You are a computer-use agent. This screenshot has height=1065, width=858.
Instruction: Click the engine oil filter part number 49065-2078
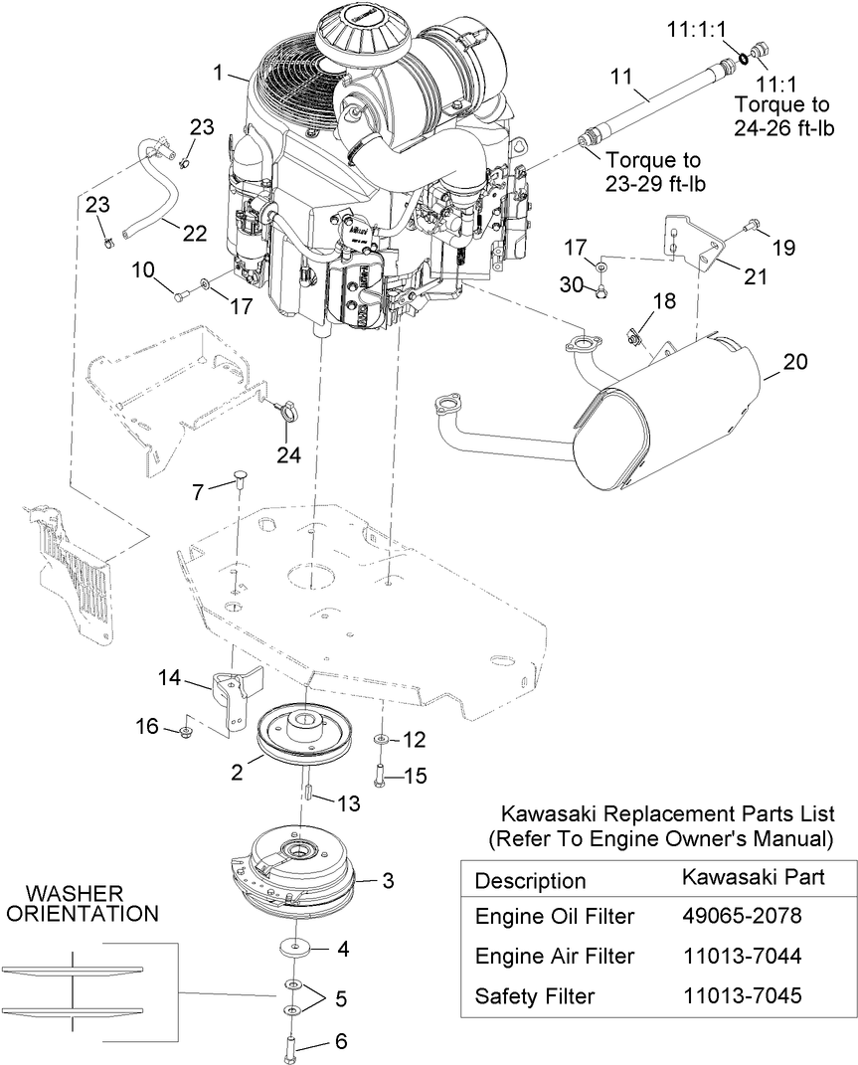pyautogui.click(x=742, y=916)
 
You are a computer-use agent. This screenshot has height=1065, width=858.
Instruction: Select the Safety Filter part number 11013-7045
pyautogui.click(x=742, y=995)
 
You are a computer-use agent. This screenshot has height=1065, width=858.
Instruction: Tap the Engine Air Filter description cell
pyautogui.click(x=555, y=956)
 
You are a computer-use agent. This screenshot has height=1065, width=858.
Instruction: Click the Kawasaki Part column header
pyautogui.click(x=753, y=876)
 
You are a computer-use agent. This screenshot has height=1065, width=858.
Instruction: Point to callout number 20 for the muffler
pyautogui.click(x=794, y=361)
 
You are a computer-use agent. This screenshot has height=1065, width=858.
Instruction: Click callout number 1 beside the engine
pyautogui.click(x=218, y=72)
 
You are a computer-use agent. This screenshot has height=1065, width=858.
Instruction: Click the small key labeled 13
pyautogui.click(x=306, y=792)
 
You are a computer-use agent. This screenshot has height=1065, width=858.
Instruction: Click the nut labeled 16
pyautogui.click(x=184, y=731)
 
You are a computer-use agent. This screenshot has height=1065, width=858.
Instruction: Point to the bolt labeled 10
pyautogui.click(x=183, y=294)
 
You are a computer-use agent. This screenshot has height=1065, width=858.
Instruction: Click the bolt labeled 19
pyautogui.click(x=751, y=225)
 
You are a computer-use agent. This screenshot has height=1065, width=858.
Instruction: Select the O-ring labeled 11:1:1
pyautogui.click(x=744, y=59)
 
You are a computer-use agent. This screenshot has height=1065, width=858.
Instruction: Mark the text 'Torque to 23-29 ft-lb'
pyautogui.click(x=654, y=172)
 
